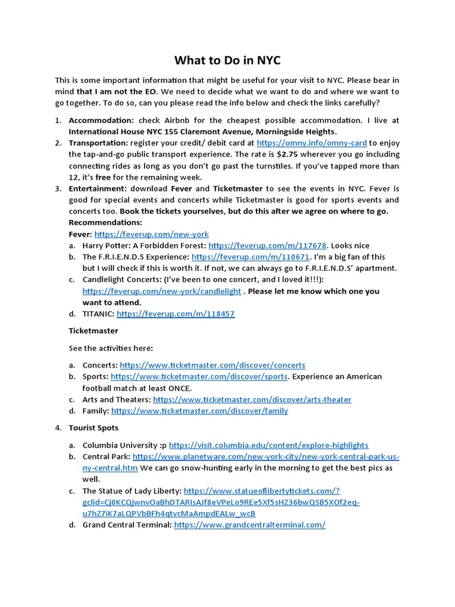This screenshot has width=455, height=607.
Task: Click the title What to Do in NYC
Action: (x=227, y=60)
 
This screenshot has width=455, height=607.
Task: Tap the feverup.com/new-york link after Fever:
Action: (x=151, y=234)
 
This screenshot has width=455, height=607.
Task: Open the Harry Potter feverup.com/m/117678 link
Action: (x=268, y=245)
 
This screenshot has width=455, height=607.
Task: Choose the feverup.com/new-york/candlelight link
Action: (x=162, y=291)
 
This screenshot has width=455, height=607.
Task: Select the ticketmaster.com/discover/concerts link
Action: (x=213, y=365)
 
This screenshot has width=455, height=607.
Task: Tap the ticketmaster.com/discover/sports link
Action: (x=199, y=376)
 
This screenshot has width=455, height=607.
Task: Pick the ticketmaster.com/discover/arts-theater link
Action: (x=252, y=400)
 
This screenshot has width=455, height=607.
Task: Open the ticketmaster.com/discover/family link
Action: (x=200, y=411)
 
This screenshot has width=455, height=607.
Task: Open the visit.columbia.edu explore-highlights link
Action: (x=268, y=445)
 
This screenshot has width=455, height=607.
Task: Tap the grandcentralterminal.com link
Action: (x=250, y=525)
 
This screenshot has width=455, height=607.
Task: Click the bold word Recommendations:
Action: (x=105, y=222)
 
